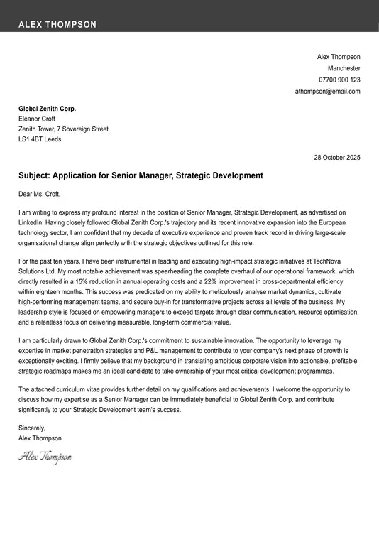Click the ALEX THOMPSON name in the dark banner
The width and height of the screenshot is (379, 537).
tap(57, 24)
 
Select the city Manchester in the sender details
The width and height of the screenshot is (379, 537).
tap(344, 68)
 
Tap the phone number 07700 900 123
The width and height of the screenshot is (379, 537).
tap(339, 80)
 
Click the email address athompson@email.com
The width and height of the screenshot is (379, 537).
tap(327, 91)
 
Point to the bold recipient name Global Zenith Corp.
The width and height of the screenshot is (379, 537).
tap(47, 109)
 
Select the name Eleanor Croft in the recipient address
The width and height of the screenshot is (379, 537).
tap(37, 119)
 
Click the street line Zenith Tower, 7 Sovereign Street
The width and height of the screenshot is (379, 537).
tap(63, 129)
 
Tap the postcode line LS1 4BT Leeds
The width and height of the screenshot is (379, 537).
tap(40, 139)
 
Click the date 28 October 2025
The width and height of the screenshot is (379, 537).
tap(337, 157)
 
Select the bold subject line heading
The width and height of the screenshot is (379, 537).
tap(141, 175)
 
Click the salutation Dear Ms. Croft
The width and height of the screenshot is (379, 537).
tap(40, 194)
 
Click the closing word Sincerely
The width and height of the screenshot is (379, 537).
tap(32, 428)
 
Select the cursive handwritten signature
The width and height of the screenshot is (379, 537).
tap(45, 457)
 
